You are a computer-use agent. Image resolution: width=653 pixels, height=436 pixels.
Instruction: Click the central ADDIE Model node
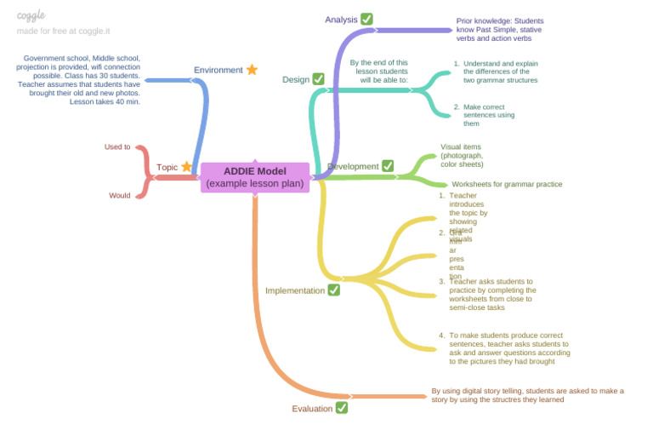click(x=255, y=177)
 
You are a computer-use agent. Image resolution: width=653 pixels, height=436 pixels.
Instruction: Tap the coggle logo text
click(x=31, y=14)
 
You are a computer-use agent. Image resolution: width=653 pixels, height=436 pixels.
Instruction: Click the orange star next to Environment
click(x=252, y=70)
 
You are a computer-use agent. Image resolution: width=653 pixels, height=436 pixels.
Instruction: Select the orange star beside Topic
click(x=186, y=167)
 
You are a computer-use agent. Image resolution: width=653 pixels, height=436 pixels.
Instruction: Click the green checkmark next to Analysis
click(x=366, y=19)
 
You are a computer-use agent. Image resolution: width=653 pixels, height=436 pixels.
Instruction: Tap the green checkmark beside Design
click(x=318, y=79)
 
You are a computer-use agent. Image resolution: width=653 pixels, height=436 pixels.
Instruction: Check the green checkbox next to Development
click(x=388, y=166)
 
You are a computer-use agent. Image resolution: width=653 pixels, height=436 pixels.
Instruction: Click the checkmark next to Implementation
click(x=334, y=290)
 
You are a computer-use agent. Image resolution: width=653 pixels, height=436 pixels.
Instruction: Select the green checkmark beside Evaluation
click(x=341, y=408)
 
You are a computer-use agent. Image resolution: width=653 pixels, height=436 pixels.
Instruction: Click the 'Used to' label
click(x=117, y=146)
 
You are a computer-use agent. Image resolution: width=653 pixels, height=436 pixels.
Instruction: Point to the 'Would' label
click(x=120, y=195)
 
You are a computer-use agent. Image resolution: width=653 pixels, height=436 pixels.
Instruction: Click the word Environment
click(x=218, y=70)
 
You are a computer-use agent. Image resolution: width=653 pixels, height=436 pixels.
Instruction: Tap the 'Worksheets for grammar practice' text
click(x=507, y=184)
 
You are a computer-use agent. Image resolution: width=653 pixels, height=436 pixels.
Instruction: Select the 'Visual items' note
click(x=462, y=155)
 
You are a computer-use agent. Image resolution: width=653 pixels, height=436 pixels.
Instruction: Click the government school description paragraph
click(x=82, y=79)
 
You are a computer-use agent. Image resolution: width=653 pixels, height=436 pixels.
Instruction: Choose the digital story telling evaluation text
click(x=527, y=395)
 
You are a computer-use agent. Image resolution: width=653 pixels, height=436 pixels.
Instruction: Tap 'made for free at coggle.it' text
click(x=63, y=31)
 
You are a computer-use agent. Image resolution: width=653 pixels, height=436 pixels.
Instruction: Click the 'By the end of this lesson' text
click(x=379, y=71)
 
